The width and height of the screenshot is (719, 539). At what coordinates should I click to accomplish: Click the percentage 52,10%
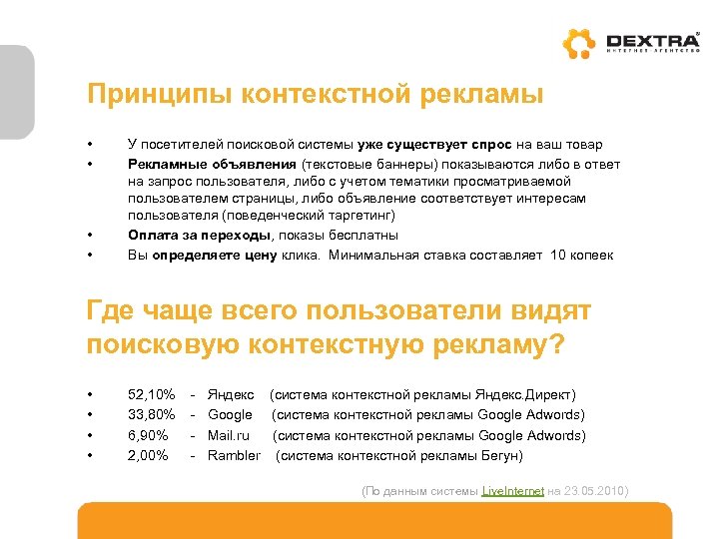tap(152, 396)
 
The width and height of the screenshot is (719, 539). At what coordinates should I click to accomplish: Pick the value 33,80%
tap(152, 415)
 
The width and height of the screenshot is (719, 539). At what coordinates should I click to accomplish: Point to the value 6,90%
tap(149, 435)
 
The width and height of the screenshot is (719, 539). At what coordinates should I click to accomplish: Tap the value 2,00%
tap(149, 455)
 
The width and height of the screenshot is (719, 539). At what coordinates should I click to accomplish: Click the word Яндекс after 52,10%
tap(231, 396)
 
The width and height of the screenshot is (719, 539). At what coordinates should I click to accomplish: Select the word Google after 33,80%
tap(230, 415)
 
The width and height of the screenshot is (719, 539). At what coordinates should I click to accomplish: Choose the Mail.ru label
tap(228, 435)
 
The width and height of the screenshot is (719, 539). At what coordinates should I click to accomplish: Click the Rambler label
tap(234, 455)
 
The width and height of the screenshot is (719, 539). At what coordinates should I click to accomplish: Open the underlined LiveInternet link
tap(512, 492)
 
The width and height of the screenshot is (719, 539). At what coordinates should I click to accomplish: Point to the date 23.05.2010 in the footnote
tap(595, 492)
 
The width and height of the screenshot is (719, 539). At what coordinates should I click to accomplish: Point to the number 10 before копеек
tap(558, 255)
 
